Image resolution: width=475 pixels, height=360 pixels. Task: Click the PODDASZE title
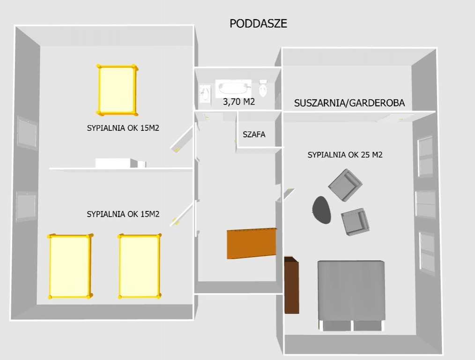pyautogui.click(x=258, y=23)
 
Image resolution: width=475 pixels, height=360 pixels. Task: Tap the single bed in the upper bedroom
pyautogui.click(x=117, y=90)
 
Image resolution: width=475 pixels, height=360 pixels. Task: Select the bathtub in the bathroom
pyautogui.click(x=233, y=89)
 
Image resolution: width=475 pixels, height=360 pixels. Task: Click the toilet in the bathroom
pyautogui.click(x=263, y=88)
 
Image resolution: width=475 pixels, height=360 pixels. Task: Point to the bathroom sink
pyautogui.click(x=205, y=94)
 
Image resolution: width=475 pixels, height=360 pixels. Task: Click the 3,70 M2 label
pyautogui.click(x=239, y=102)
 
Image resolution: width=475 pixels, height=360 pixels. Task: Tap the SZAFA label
pyautogui.click(x=254, y=134)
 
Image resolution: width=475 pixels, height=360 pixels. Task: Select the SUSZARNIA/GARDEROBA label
pyautogui.click(x=349, y=103)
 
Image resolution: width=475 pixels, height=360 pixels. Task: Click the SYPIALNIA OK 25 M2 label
pyautogui.click(x=345, y=155)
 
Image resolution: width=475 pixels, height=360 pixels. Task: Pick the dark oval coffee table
pyautogui.click(x=321, y=210)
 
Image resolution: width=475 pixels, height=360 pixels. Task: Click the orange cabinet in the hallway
pyautogui.click(x=252, y=243)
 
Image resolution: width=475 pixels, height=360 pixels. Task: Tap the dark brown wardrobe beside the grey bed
pyautogui.click(x=291, y=285)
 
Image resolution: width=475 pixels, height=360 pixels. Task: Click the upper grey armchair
pyautogui.click(x=345, y=185)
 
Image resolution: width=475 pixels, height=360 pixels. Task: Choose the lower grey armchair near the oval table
pyautogui.click(x=355, y=222)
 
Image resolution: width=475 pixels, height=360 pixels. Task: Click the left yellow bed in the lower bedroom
pyautogui.click(x=70, y=266)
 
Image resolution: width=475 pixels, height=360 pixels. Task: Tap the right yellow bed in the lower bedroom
pyautogui.click(x=139, y=266)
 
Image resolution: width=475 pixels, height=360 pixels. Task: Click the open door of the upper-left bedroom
pyautogui.click(x=182, y=139)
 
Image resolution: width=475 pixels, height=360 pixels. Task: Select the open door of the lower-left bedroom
pyautogui.click(x=181, y=215)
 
